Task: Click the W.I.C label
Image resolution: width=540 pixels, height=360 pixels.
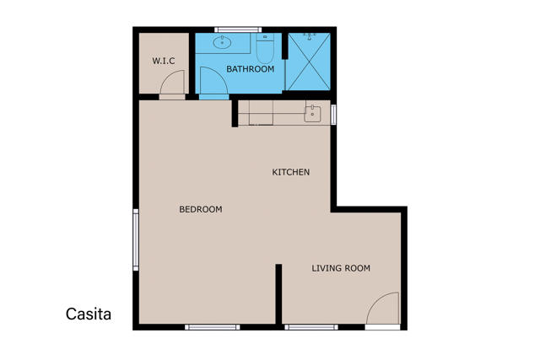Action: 163,61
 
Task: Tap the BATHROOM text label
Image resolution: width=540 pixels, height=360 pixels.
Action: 251,69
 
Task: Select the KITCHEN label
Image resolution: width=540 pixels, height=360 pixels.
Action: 290,172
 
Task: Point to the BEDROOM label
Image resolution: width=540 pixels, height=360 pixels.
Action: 201,209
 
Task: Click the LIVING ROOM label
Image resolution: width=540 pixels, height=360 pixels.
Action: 341,268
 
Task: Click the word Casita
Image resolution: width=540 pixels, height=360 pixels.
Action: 89,314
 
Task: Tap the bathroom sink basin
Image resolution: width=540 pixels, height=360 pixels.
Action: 225,43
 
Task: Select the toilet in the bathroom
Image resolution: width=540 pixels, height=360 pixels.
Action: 264,51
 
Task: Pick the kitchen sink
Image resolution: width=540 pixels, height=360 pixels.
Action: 312,113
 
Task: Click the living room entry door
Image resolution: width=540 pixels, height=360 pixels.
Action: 383,310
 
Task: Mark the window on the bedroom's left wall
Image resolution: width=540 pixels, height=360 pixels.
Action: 135,240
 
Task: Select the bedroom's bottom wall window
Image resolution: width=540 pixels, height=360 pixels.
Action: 213,327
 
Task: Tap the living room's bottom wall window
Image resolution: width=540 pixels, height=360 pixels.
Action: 310,327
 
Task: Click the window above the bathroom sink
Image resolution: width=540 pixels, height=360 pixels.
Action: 237,30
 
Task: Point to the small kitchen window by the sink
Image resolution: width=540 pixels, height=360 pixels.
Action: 334,114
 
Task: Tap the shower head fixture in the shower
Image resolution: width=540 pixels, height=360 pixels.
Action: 310,36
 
